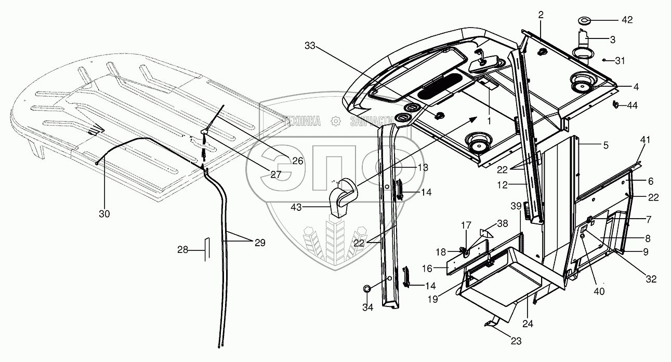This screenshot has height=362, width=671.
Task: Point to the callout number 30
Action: click(x=104, y=212)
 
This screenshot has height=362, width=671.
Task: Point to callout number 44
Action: click(x=631, y=105)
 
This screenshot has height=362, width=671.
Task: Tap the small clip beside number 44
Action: click(x=615, y=104)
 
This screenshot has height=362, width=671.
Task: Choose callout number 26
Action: click(x=297, y=161)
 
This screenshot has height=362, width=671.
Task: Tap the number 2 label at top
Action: click(x=541, y=15)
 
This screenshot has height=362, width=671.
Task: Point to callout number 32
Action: click(x=651, y=279)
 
